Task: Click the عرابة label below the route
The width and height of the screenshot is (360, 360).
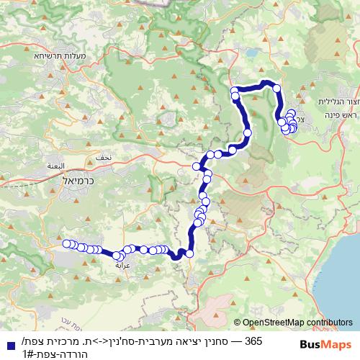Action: pyautogui.click(x=121, y=265)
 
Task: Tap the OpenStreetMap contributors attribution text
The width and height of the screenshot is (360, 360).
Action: pyautogui.click(x=297, y=323)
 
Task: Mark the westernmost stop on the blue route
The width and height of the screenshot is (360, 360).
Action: pyautogui.click(x=68, y=243)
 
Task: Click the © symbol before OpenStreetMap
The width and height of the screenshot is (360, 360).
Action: pyautogui.click(x=237, y=323)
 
